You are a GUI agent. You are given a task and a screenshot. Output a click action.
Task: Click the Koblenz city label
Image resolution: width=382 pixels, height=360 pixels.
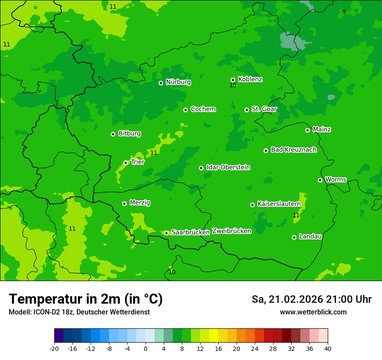tap(250, 79)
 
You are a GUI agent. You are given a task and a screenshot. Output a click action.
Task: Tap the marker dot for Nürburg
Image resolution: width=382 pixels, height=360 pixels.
tap(161, 82)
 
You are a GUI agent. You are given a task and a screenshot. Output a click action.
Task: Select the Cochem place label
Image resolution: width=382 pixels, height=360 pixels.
tap(203, 109)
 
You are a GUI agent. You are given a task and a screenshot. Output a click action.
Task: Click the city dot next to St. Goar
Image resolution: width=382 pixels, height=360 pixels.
tap(247, 110)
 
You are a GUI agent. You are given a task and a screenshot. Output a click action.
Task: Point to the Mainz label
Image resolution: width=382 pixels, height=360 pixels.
tap(322, 129)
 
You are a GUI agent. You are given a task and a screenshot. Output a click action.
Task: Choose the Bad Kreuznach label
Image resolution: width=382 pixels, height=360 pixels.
tap(293, 150)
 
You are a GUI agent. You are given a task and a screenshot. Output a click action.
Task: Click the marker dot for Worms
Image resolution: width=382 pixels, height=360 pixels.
tap(320, 180)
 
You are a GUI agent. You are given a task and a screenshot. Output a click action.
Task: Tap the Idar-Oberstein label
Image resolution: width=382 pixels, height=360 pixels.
tap(228, 167)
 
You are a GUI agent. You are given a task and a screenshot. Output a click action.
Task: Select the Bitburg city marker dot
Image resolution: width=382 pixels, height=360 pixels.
tap(113, 134)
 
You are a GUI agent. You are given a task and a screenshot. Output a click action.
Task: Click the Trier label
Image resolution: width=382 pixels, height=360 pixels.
tap(137, 162)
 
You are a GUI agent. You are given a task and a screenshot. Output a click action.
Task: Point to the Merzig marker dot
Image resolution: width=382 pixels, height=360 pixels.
tap(124, 203)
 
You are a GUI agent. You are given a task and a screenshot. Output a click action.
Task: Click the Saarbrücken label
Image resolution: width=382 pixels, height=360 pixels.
tap(191, 232)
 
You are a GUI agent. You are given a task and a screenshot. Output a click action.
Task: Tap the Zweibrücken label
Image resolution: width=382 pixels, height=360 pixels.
tap(231, 231)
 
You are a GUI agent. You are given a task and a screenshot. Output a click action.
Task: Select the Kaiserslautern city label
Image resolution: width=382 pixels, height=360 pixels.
tap(279, 204)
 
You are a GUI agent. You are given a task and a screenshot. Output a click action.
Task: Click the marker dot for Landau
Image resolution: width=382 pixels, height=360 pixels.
tap(294, 237)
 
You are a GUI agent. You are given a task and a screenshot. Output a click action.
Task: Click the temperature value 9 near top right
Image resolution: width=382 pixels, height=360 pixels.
tap(344, 12)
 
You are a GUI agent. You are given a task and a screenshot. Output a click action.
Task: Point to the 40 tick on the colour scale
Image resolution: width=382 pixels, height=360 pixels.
tap(327, 349)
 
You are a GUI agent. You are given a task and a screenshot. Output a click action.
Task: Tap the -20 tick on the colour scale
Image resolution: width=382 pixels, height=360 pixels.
tap(54, 349)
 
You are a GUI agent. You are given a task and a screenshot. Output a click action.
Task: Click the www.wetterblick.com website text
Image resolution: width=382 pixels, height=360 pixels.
tap(313, 312)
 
